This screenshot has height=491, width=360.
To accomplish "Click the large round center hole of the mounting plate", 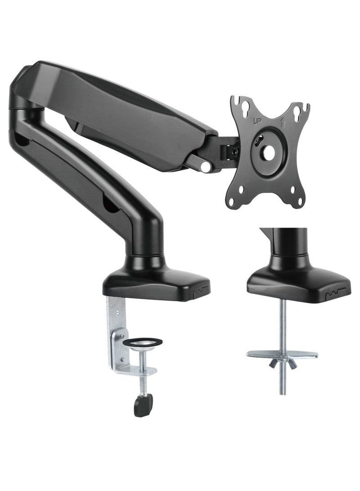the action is [269, 152].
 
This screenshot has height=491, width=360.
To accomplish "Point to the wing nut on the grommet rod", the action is [282, 363].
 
